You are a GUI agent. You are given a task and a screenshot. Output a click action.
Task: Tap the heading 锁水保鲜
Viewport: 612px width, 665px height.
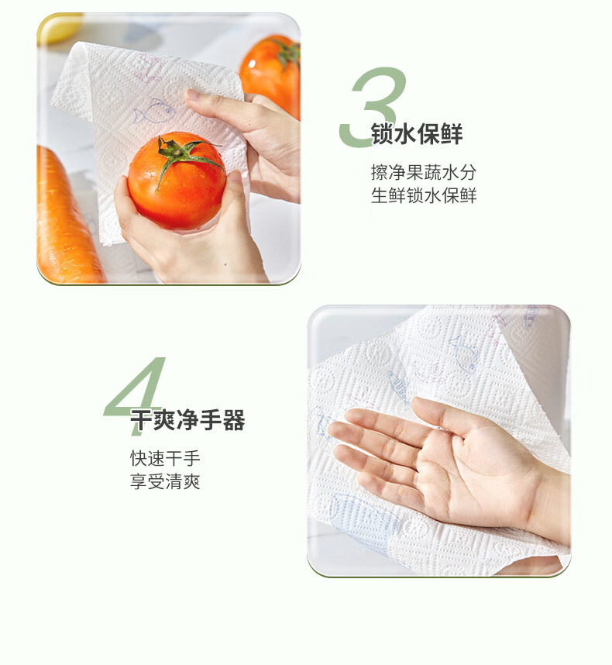point(417,134)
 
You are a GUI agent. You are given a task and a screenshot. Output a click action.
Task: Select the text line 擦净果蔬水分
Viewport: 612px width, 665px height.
point(424,173)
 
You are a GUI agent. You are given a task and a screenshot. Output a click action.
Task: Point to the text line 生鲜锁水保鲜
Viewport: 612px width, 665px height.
point(424,195)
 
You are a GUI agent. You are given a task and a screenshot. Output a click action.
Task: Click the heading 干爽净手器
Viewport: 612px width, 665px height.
point(187,420)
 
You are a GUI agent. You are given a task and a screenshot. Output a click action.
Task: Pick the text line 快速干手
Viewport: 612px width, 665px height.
point(165,459)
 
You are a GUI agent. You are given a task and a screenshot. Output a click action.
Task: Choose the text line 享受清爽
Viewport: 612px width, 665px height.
point(165,482)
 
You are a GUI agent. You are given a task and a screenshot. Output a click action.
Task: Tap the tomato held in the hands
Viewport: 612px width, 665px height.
point(177,181)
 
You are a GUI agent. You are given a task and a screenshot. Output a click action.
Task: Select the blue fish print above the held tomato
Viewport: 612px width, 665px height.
point(153,112)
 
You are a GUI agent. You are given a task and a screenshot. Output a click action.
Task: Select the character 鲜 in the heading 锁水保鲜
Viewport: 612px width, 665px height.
point(452,134)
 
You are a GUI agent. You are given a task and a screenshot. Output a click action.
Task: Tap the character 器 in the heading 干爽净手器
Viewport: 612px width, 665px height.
point(235,420)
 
